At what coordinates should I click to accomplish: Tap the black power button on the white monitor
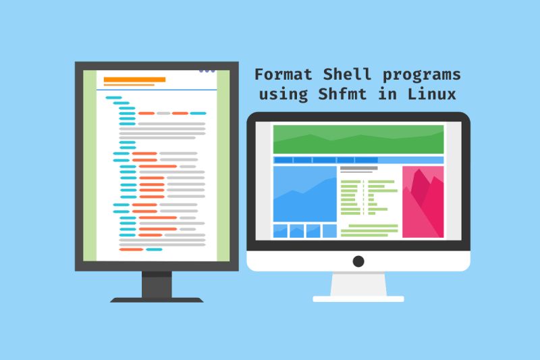click(358, 261)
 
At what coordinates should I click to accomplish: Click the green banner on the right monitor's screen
click(358, 139)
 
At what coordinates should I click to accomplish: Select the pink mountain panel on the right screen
click(423, 202)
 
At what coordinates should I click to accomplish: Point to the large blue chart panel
click(304, 194)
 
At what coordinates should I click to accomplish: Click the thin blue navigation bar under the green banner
click(358, 160)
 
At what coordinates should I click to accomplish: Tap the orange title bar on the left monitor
click(134, 80)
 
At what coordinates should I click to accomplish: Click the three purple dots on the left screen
click(207, 70)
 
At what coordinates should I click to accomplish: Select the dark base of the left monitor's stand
click(157, 299)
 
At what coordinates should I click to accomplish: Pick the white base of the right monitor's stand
click(358, 298)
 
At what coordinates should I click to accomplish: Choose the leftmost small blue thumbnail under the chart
click(279, 231)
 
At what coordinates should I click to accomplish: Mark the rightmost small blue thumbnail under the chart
click(329, 231)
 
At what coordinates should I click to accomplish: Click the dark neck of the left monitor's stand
click(157, 284)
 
